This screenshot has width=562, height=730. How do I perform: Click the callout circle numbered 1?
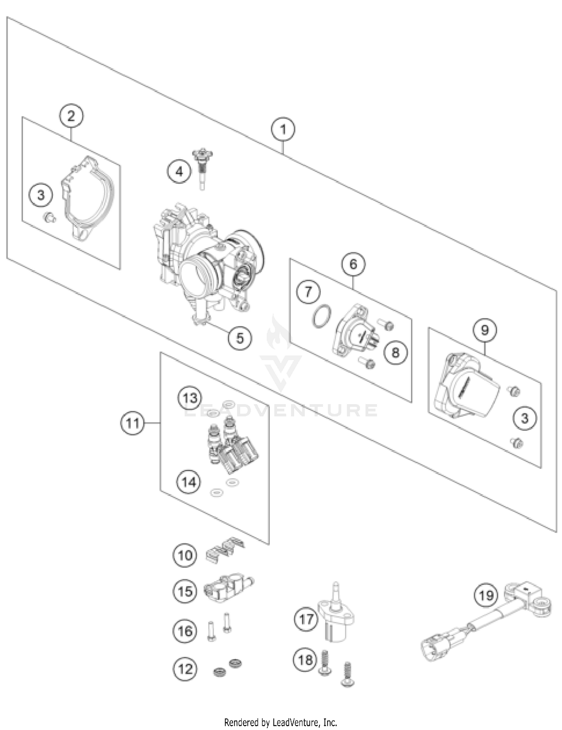[x=283, y=129]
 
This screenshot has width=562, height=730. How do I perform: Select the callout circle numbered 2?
[x=71, y=116]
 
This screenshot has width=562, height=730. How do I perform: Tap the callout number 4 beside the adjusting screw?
[x=179, y=172]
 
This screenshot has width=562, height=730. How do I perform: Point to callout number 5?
[x=240, y=338]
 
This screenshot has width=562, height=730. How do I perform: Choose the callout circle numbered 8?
[x=395, y=352]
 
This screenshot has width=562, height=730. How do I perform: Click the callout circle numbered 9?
[x=485, y=330]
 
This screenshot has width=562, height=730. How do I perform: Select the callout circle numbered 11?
[x=132, y=423]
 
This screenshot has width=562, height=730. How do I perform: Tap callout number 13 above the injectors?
[x=190, y=398]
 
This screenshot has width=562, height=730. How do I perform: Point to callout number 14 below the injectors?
[x=188, y=482]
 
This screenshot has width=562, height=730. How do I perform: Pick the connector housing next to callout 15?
[x=228, y=588]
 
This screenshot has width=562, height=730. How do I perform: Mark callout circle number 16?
[x=185, y=631]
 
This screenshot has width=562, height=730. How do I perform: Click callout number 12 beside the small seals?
[x=185, y=669]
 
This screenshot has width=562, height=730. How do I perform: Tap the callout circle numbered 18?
[x=305, y=660]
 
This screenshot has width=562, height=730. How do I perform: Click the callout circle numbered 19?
[x=486, y=595]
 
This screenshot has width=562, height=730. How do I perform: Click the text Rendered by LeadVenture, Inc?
[x=281, y=722]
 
